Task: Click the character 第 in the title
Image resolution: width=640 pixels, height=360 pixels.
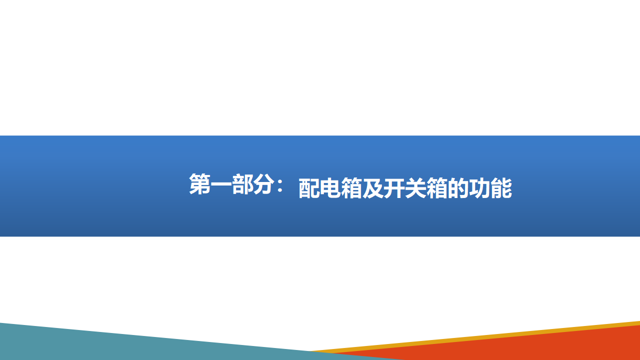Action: click(x=199, y=184)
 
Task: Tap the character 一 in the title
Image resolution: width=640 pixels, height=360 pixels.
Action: click(x=221, y=184)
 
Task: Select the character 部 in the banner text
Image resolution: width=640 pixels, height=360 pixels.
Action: click(x=242, y=184)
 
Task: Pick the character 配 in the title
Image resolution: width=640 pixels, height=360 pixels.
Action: click(x=309, y=188)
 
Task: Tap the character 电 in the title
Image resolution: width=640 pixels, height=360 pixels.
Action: click(x=330, y=188)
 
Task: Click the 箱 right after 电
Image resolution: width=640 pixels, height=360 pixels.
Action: click(x=351, y=188)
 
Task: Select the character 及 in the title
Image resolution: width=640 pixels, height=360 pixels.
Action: click(x=373, y=188)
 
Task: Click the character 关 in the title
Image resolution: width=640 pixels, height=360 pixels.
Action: click(x=415, y=188)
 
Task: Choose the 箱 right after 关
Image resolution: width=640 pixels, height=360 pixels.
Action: click(x=437, y=188)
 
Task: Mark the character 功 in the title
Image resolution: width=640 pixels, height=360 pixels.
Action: click(x=479, y=188)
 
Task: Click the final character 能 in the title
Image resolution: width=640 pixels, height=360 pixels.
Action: click(x=501, y=188)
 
